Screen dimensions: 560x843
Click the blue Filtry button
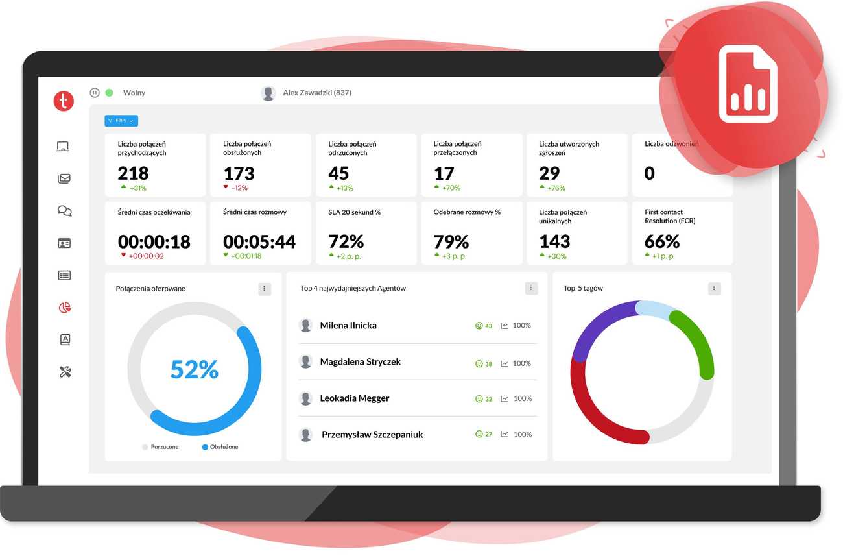121,121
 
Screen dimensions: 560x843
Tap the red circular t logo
64,101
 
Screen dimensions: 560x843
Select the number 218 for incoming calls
134,173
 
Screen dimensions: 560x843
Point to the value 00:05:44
259,242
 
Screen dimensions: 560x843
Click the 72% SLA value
346,242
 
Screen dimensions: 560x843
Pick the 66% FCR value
662,242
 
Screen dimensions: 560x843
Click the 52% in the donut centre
195,369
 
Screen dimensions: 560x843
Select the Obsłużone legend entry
220,447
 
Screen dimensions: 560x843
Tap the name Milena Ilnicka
348,326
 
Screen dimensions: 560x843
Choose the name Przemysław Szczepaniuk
372,435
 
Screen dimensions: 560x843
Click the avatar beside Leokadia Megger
305,398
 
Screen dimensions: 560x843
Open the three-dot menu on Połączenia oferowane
265,289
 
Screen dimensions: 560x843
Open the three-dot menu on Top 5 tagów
714,289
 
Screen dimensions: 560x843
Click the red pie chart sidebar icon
64,308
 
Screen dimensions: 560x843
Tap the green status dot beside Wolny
110,93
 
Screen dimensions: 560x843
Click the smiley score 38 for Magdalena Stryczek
484,364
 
